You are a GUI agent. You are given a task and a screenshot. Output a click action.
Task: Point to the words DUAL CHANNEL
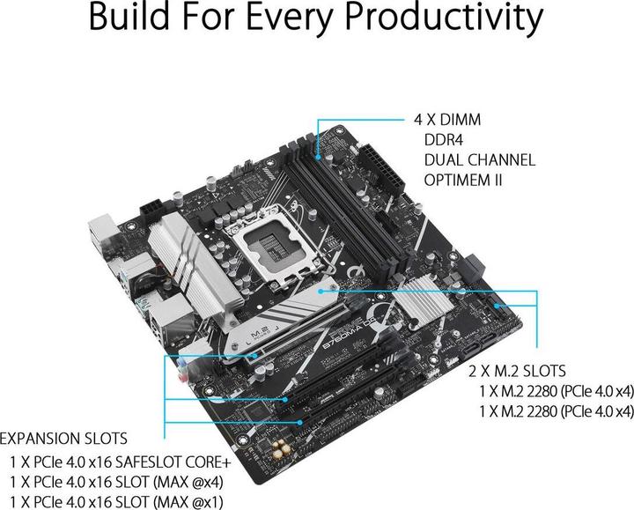coord(478,160)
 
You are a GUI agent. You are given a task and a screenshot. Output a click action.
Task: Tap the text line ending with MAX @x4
coord(117,482)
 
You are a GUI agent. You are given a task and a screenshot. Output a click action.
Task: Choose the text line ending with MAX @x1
coord(117,502)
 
